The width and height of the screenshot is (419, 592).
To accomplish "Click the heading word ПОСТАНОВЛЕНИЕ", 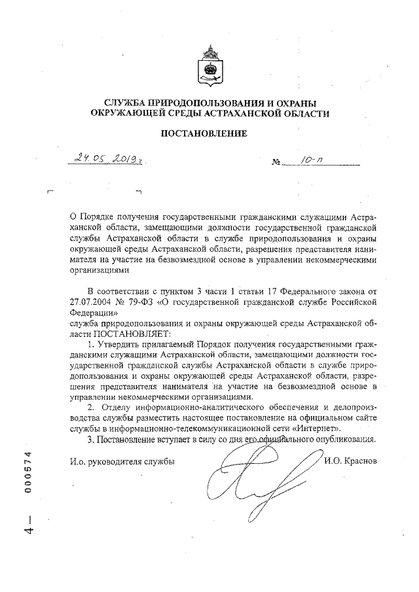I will click(x=209, y=134).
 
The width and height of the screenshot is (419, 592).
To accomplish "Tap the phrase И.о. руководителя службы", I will click(x=122, y=461).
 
